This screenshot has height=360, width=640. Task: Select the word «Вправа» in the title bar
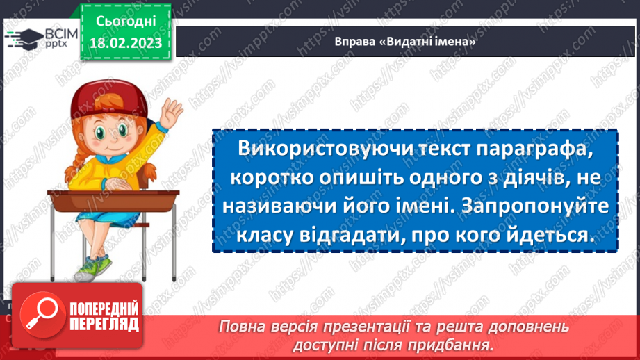click(x=352, y=42)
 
